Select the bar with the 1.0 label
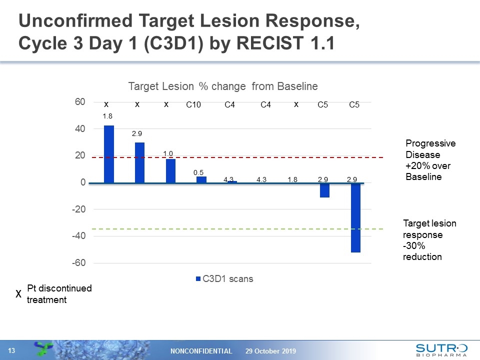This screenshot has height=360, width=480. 170,171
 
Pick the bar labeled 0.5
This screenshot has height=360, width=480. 201,179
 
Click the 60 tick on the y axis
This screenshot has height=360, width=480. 79,102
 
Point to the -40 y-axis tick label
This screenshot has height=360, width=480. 77,235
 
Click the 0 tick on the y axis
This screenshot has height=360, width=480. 82,182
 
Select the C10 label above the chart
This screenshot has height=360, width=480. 193,105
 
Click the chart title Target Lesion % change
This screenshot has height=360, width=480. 223,86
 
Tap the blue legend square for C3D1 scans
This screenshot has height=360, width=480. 198,279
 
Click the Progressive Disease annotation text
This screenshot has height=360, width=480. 430,160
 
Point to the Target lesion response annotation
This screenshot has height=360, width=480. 429,240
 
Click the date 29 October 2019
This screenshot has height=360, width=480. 270,351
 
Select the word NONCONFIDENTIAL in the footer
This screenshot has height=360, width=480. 202,351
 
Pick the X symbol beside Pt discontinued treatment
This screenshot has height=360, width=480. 18,294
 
